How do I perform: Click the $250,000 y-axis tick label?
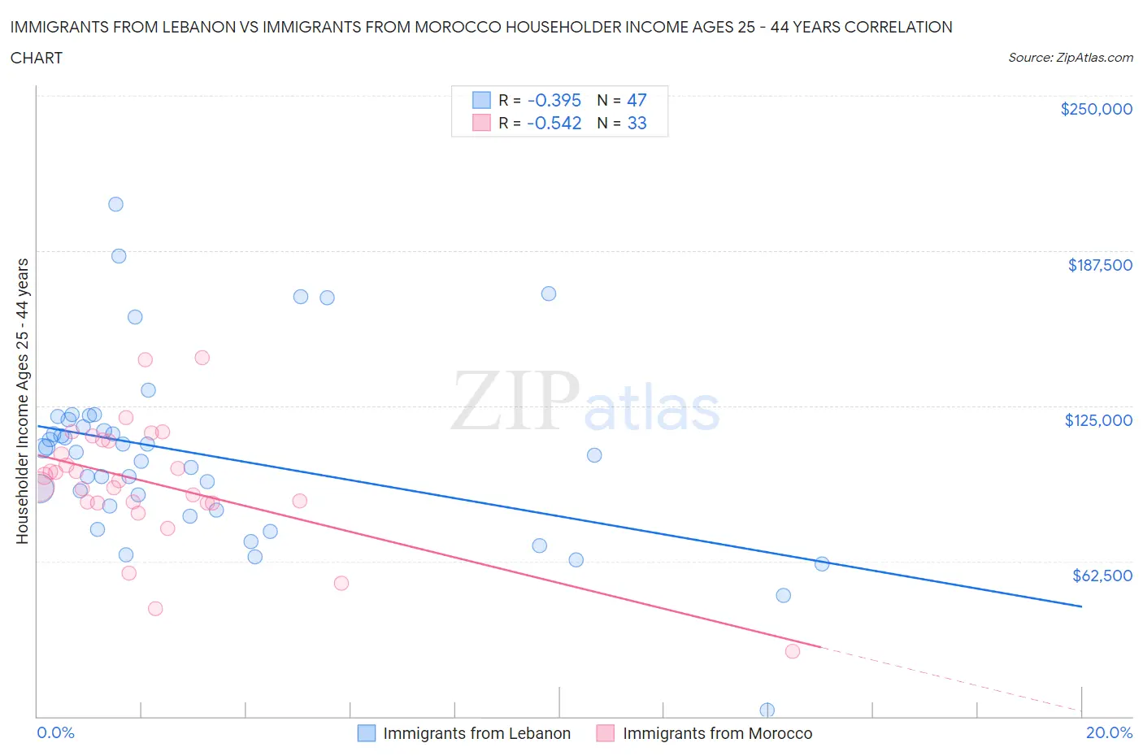coord(1096,109)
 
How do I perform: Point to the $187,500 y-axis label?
coord(1099,265)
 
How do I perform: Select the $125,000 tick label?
coord(1097,420)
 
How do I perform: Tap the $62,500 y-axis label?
coord(1102,576)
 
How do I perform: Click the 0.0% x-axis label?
coord(55,732)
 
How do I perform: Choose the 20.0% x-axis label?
coord(1109,732)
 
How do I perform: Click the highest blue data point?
coord(115,204)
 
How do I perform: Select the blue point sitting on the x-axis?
coord(767,710)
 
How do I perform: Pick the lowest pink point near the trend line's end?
coord(793,651)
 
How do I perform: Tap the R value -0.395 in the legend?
coord(554,100)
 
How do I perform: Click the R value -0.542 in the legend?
coord(554,123)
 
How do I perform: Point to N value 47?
coord(637,100)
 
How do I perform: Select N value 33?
coord(637,123)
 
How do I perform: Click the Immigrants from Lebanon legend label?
coord(476,733)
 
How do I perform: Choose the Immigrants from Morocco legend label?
coord(717,733)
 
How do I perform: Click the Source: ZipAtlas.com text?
coord(1070,57)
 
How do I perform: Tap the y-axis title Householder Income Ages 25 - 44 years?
coord(22,401)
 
